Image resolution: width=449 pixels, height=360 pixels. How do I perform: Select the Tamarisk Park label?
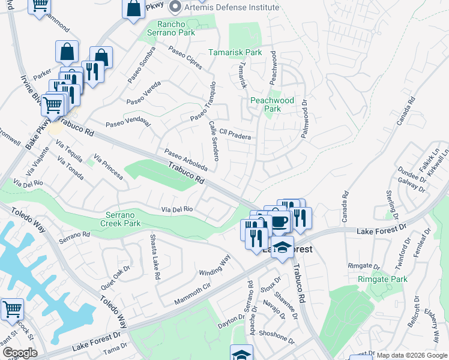(235, 52)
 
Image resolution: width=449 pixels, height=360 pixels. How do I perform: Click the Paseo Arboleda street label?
(185, 160)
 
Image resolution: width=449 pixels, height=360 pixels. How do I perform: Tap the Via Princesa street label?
(107, 168)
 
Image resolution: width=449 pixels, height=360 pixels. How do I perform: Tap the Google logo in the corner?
(19, 353)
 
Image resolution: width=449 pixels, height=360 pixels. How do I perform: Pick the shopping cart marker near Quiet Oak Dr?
(12, 310)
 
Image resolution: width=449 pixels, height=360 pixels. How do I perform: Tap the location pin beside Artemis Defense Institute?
(175, 7)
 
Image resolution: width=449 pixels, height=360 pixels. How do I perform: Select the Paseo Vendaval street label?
(128, 122)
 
